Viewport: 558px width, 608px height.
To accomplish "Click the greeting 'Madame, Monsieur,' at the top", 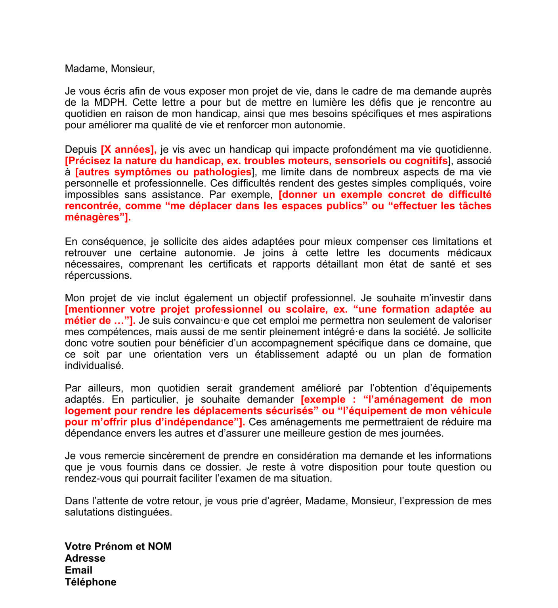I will point(110,68).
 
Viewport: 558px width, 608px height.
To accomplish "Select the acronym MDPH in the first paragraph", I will point(110,103).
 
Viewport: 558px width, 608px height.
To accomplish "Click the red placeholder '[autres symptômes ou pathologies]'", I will point(164,172).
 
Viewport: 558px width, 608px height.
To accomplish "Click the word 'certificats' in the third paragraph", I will point(230,264).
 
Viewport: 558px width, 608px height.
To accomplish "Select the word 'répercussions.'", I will point(98,275).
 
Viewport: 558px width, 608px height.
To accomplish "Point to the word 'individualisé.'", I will point(94,366).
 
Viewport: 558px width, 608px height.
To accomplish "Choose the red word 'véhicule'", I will point(468,411).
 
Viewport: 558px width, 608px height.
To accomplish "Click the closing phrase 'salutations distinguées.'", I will point(118,512).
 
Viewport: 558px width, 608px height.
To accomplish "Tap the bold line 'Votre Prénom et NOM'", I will point(118,547).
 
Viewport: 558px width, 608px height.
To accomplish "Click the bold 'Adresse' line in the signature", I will point(85,559).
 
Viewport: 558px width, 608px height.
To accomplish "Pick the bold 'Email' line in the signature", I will point(78,570).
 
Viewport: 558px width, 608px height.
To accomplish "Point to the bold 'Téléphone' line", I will point(90,582).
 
